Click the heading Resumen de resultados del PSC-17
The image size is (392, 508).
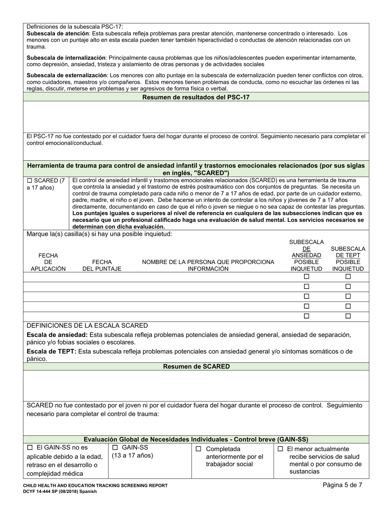(x=196, y=97)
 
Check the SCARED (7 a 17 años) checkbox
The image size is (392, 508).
(x=29, y=180)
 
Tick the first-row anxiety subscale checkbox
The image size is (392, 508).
(x=306, y=277)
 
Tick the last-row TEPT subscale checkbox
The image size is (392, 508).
(x=348, y=316)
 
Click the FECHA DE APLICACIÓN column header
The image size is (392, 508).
(x=48, y=262)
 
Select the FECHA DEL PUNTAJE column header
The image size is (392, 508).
(x=102, y=266)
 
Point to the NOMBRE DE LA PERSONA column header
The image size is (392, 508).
(x=208, y=266)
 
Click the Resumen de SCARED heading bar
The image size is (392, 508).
(x=196, y=367)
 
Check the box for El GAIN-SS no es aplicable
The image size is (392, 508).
(x=29, y=448)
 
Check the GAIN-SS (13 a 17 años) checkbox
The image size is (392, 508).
(x=115, y=448)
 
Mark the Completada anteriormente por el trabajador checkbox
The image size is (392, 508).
(x=198, y=449)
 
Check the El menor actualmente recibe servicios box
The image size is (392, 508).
(x=280, y=449)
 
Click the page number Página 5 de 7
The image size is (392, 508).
(x=342, y=485)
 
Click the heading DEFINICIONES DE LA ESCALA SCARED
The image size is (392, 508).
(x=87, y=325)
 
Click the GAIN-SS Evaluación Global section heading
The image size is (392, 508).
(x=196, y=439)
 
